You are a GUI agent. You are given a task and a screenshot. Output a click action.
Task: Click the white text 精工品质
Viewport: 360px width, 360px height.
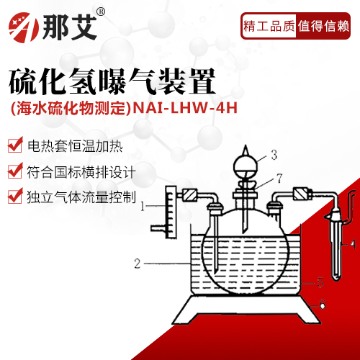click(269, 27)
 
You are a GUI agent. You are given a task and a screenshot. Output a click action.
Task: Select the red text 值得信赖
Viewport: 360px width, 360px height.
click(323, 27)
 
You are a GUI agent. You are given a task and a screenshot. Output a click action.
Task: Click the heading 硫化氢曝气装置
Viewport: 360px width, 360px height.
click(112, 81)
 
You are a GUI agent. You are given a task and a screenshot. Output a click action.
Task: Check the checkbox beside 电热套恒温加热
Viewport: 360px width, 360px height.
click(14, 146)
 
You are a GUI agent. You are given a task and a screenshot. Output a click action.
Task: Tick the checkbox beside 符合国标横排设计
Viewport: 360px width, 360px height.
click(14, 171)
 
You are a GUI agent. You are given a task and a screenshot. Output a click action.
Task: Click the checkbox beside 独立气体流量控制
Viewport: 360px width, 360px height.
click(14, 195)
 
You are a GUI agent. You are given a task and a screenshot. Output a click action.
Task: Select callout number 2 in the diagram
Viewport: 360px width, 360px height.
click(137, 264)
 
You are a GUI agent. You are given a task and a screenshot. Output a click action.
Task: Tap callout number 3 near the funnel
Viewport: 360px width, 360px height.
click(274, 154)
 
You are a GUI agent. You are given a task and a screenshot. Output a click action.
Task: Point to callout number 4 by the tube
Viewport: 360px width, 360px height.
click(354, 244)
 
